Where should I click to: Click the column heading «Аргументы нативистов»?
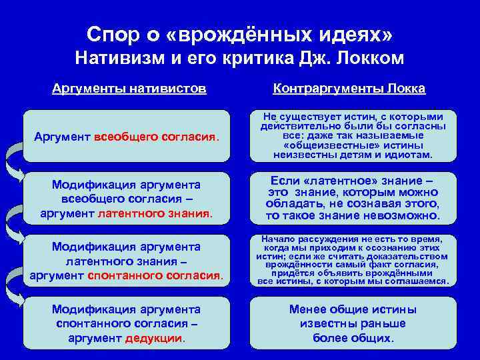[129, 88]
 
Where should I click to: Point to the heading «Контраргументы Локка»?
[349, 88]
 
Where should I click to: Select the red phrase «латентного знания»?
[153, 214]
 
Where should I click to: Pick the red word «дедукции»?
[153, 338]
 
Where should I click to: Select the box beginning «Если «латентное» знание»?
[353, 199]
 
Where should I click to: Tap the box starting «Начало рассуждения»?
[353, 260]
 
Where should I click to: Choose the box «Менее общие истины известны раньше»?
[353, 323]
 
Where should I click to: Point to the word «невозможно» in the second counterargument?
[407, 216]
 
